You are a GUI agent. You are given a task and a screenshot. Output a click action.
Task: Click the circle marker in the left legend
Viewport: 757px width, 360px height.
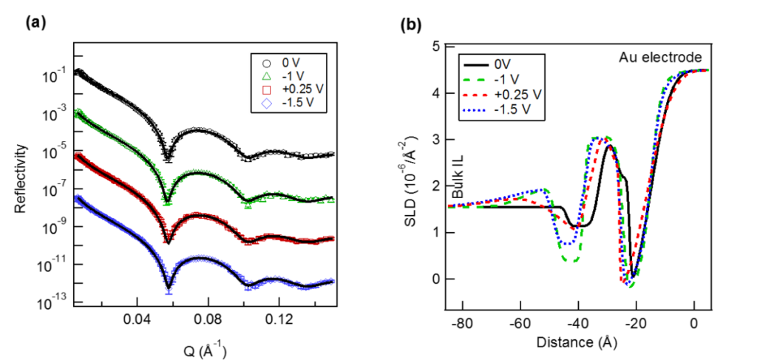[266, 63]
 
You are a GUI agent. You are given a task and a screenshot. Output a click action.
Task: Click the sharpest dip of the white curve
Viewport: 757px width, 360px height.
[168, 157]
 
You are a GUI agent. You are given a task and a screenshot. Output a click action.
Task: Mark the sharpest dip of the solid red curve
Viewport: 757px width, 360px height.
[168, 238]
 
